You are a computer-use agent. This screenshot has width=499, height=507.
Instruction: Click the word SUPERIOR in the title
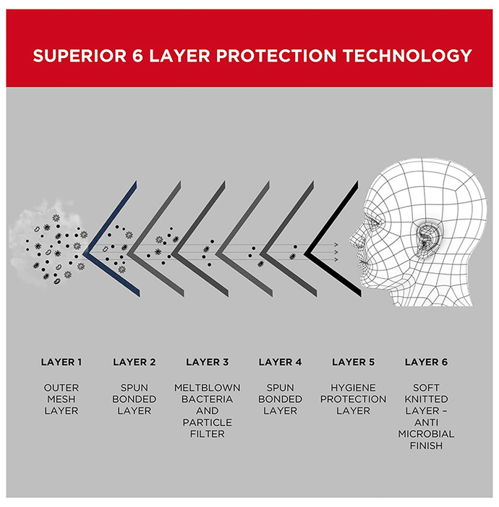pyautogui.click(x=80, y=56)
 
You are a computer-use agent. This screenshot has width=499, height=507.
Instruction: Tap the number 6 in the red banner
pyautogui.click(x=137, y=56)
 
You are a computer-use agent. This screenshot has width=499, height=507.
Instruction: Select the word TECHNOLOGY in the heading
pyautogui.click(x=408, y=56)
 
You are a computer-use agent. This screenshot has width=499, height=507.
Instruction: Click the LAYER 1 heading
pyautogui.click(x=61, y=362)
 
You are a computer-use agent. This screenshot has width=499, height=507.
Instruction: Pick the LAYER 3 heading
pyautogui.click(x=208, y=362)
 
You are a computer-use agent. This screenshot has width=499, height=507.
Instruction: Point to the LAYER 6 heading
pyautogui.click(x=427, y=362)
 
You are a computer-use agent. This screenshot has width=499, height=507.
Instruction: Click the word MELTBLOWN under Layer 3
pyautogui.click(x=208, y=387)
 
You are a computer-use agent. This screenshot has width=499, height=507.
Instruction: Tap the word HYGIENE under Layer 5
pyautogui.click(x=353, y=387)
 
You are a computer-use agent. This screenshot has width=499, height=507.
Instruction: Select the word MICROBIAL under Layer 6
pyautogui.click(x=426, y=434)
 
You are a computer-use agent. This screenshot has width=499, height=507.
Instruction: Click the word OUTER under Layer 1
pyautogui.click(x=61, y=387)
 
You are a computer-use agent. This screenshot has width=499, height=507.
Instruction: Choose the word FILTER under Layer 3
pyautogui.click(x=208, y=434)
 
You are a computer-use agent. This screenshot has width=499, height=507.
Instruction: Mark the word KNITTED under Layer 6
pyautogui.click(x=426, y=399)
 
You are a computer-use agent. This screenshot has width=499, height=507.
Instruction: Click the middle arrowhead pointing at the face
pyautogui.click(x=336, y=252)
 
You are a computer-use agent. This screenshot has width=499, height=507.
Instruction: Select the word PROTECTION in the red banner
pyautogui.click(x=276, y=56)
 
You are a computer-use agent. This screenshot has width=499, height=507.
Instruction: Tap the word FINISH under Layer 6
pyautogui.click(x=426, y=445)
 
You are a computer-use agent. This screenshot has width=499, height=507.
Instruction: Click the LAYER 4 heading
pyautogui.click(x=280, y=362)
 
